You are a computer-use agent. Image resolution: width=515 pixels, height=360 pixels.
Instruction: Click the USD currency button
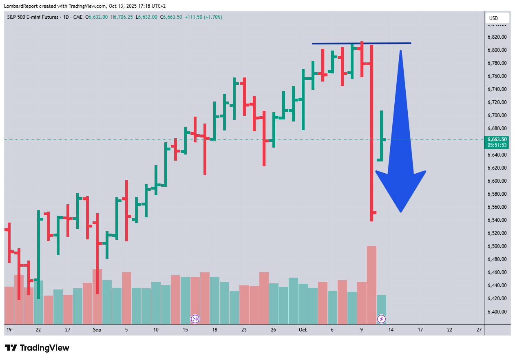pyautogui.click(x=497, y=18)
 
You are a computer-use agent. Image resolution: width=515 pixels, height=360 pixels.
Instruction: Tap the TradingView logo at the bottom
pyautogui.click(x=37, y=348)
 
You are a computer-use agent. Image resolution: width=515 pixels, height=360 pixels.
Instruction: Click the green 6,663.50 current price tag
pyautogui.click(x=497, y=139)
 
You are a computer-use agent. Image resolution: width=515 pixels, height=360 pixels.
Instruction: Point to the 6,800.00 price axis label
pyautogui.click(x=497, y=50)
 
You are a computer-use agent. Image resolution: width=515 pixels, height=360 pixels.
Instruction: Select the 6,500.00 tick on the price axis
pyautogui.click(x=497, y=246)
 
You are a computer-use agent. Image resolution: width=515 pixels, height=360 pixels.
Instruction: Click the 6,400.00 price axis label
pyautogui.click(x=497, y=311)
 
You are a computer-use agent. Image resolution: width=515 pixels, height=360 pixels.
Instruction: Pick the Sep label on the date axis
pyautogui.click(x=97, y=330)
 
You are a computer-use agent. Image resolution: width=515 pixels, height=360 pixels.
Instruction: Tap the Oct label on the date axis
pyautogui.click(x=303, y=330)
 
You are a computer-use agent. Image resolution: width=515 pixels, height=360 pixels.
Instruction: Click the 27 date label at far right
pyautogui.click(x=479, y=330)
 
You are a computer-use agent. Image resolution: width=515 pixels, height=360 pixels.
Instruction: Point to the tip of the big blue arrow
pyautogui.click(x=401, y=212)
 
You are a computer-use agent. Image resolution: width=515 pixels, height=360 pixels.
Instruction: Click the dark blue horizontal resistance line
pyautogui.click(x=361, y=43)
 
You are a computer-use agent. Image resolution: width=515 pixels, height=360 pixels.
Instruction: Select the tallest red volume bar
pyautogui.click(x=371, y=284)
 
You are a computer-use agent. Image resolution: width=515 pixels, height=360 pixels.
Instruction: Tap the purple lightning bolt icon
pyautogui.click(x=381, y=319)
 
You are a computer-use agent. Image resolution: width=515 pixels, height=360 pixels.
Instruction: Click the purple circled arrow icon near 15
pyautogui.click(x=195, y=319)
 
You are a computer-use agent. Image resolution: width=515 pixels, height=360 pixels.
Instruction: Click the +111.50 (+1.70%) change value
pyautogui.click(x=203, y=17)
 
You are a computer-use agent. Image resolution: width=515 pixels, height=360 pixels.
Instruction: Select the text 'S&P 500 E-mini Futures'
pyautogui.click(x=33, y=17)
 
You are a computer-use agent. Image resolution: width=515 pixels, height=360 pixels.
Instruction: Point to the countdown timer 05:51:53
pyautogui.click(x=497, y=145)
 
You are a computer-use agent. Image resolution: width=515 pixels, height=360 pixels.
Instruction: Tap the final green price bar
pyautogui.click(x=381, y=135)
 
